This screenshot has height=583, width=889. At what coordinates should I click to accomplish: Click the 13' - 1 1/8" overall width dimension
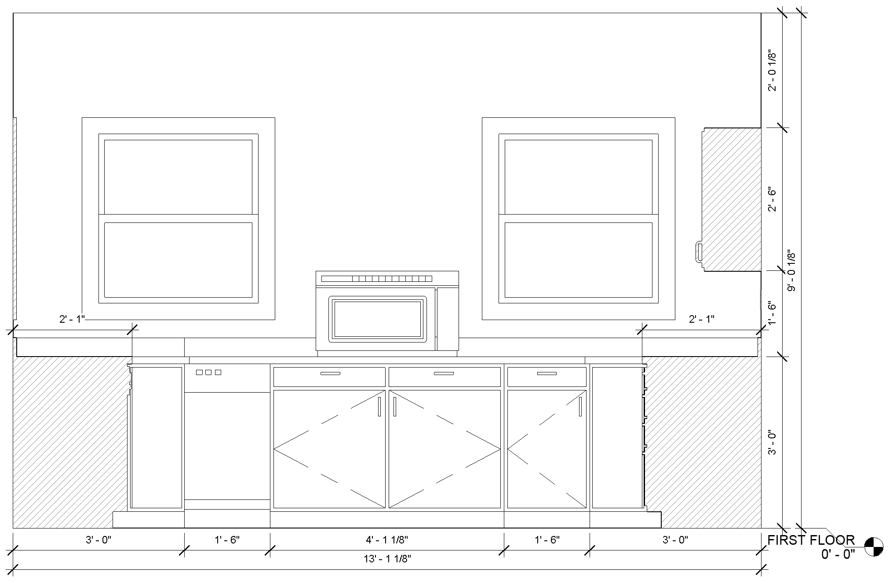387,559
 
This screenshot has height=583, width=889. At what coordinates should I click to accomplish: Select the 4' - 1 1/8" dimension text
387,539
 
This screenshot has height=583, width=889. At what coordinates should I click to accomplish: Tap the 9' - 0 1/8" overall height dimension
792,271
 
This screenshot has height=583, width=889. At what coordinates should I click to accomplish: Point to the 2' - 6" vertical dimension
772,199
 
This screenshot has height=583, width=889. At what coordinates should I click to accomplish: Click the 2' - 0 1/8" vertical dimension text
772,71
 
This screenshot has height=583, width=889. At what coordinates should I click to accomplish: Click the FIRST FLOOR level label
811,540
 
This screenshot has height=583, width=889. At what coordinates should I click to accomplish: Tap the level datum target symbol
874,547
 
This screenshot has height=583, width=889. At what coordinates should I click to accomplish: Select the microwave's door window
378,319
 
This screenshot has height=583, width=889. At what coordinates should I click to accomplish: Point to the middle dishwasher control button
208,372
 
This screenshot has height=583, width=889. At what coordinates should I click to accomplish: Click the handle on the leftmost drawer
330,374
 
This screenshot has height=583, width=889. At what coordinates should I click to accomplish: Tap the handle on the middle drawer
444,374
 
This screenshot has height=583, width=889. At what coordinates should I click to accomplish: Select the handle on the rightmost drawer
547,374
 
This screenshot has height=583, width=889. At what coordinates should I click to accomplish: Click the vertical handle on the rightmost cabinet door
580,406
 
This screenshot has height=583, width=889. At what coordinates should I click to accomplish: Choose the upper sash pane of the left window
178,177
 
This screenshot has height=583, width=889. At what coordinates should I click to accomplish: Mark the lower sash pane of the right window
578,260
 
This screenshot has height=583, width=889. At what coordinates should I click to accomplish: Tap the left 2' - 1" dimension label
72,319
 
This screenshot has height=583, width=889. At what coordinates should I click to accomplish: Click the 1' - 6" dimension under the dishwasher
227,539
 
